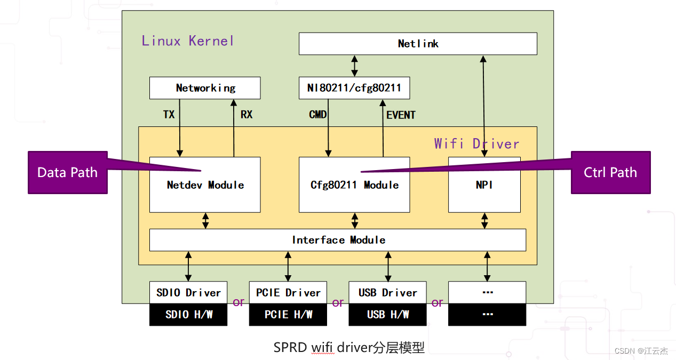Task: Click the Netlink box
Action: (418, 44)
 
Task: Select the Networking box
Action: (205, 88)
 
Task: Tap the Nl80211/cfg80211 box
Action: (354, 88)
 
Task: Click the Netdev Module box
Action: (205, 185)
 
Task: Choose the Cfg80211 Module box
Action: (354, 185)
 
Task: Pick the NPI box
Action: (484, 185)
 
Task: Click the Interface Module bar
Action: (338, 240)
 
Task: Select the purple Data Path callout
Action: (67, 172)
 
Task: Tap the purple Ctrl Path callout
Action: (610, 172)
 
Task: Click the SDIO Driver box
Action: (188, 293)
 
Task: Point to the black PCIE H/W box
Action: (288, 315)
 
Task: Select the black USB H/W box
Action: (387, 315)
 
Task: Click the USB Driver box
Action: (387, 293)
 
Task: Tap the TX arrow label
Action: (169, 115)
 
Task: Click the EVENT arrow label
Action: (401, 115)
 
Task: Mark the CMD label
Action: (317, 115)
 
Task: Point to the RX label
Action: (246, 115)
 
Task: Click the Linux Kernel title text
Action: (188, 41)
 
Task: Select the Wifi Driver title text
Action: (476, 143)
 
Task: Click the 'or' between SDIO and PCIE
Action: (238, 302)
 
